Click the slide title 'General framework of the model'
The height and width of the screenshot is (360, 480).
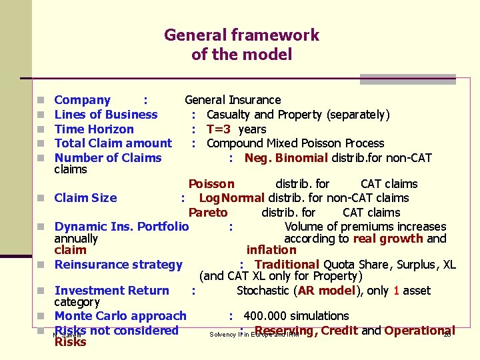[241, 44]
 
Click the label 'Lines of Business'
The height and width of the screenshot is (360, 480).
[106, 115]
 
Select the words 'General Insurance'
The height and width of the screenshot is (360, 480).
[233, 100]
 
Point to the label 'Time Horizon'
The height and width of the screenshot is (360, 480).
[94, 129]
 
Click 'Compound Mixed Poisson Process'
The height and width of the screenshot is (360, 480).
[295, 143]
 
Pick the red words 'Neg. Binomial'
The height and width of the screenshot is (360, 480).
[286, 158]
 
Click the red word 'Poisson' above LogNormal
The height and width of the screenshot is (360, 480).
[211, 184]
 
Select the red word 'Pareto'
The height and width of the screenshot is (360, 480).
[208, 213]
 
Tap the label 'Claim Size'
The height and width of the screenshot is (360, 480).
[85, 198]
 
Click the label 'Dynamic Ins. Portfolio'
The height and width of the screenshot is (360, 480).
[121, 227]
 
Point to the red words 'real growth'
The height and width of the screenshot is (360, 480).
[388, 239]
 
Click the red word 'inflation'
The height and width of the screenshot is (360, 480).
[271, 250]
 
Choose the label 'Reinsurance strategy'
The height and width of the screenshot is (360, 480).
[118, 265]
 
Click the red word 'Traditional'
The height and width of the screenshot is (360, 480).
[287, 265]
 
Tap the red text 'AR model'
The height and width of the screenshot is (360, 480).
[326, 291]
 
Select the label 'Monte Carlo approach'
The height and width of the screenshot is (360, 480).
[120, 316]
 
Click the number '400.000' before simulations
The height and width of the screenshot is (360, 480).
[266, 316]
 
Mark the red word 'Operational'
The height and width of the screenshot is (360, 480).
[419, 331]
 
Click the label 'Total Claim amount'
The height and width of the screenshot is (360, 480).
[113, 143]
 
